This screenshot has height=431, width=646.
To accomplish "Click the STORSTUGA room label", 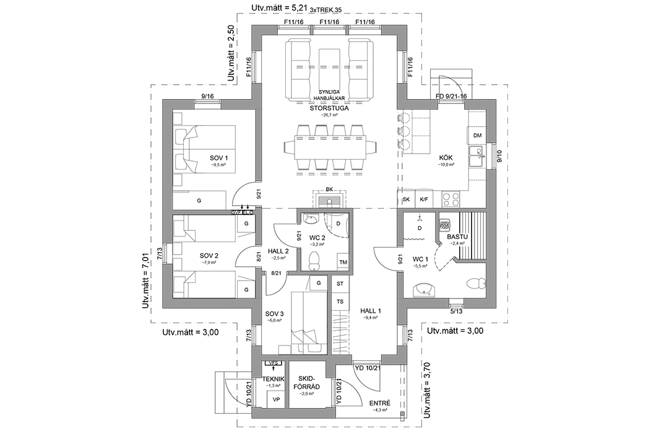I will pyautogui.click(x=329, y=108).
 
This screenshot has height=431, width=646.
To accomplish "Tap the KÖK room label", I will pyautogui.click(x=446, y=158).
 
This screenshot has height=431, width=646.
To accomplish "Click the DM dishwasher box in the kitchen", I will pyautogui.click(x=477, y=136).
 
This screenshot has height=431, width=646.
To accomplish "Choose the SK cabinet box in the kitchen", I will pyautogui.click(x=406, y=199).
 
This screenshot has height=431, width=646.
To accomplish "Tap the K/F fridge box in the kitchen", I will pyautogui.click(x=424, y=199).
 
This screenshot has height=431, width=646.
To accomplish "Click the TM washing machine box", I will pyautogui.click(x=342, y=263).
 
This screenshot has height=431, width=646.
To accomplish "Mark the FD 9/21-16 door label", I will pyautogui.click(x=452, y=96).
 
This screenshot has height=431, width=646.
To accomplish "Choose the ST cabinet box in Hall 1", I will pyautogui.click(x=339, y=284).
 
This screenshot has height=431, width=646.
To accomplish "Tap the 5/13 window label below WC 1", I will pyautogui.click(x=456, y=310).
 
